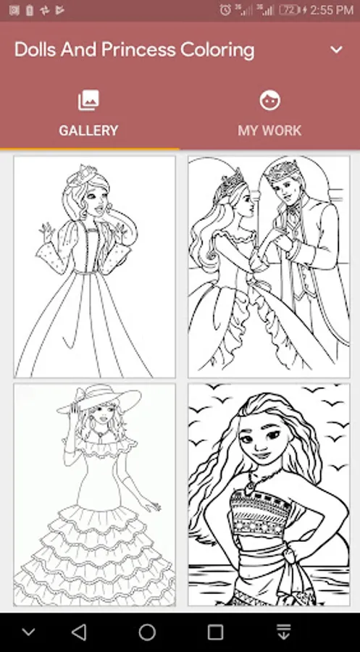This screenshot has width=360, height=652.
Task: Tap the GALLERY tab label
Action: pos(88,130)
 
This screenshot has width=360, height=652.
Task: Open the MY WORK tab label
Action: pos(269,130)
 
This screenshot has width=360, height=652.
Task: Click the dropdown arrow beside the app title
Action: pos(336,50)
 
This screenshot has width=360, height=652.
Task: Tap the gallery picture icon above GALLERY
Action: pos(88,101)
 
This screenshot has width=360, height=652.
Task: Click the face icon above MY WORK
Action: pos(269,101)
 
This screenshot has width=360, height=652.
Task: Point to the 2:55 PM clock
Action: pos(332,10)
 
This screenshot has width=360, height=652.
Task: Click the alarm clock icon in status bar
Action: pos(225,10)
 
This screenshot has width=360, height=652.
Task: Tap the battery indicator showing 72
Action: pos(290,10)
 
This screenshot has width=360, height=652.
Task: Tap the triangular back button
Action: pos(78,632)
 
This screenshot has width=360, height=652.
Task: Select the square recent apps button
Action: pos(215,632)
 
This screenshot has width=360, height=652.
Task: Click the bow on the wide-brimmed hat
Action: pos(85,392)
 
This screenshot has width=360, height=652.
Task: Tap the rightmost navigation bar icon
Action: pos(283,632)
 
